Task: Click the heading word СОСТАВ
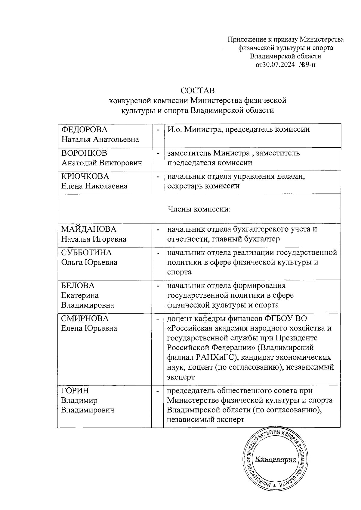pyautogui.click(x=197, y=90)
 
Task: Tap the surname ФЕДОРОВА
pyautogui.click(x=84, y=130)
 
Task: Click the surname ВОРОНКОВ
pyautogui.click(x=84, y=153)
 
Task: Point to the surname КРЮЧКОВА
pyautogui.click(x=85, y=176)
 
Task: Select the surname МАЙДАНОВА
pyautogui.click(x=89, y=229)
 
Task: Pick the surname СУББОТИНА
pyautogui.click(x=86, y=252)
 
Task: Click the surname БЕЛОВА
pyautogui.click(x=78, y=285)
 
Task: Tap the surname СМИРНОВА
pyautogui.click(x=85, y=318)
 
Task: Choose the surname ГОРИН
pyautogui.click(x=75, y=391)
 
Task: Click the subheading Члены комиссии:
pyautogui.click(x=199, y=209)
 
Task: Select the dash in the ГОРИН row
pyautogui.click(x=157, y=391)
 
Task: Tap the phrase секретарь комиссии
pyautogui.click(x=203, y=186)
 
